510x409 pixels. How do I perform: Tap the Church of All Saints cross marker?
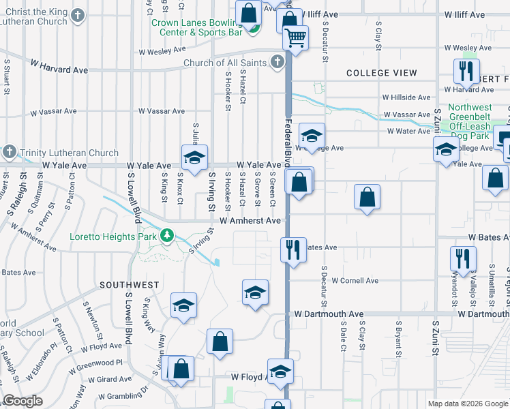[x=277, y=63]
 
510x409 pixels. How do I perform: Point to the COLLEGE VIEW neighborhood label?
[x=382, y=73]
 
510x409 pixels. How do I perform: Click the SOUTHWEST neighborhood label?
[x=130, y=285]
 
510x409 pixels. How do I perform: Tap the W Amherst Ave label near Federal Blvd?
[x=250, y=221]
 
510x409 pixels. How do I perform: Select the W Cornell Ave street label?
[x=355, y=281]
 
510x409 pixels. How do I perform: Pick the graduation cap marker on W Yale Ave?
[x=194, y=158]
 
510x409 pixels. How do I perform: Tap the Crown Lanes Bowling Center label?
[x=196, y=27]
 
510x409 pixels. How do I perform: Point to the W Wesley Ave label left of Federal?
[x=162, y=50]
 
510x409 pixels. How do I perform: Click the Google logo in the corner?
[x=23, y=401]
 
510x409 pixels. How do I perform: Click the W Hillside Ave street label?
[x=406, y=97]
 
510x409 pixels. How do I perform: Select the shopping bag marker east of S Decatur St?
[x=367, y=197]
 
